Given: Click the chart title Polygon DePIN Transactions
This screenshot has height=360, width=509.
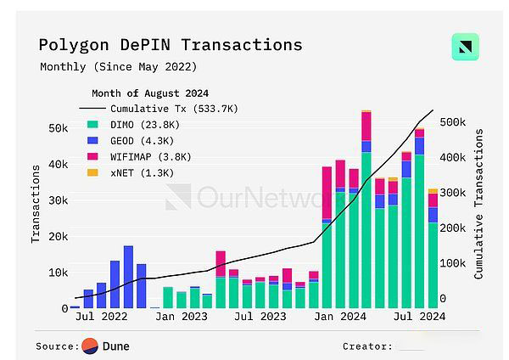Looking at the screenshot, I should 170,44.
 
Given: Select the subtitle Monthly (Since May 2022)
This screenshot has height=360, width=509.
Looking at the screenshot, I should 118,66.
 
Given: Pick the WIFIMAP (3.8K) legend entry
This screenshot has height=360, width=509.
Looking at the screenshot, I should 149,157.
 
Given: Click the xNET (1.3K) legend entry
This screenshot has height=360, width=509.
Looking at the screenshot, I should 140,173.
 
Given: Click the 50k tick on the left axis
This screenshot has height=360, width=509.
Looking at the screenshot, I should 59,128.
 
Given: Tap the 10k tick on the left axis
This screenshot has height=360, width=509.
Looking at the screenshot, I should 59,273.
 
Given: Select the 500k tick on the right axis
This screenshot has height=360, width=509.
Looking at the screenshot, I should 453,122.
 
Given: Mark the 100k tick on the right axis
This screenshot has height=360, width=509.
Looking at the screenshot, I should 453,264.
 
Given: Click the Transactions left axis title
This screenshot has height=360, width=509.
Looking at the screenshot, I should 36,204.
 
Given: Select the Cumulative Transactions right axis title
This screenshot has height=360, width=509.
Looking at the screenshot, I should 479,204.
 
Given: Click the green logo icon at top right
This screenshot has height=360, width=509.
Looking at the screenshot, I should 465,47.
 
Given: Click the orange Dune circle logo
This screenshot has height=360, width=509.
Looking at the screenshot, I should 89,346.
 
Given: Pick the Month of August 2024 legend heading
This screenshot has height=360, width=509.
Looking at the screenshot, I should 149,93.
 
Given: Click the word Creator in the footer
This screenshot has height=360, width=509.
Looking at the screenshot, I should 366,346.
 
